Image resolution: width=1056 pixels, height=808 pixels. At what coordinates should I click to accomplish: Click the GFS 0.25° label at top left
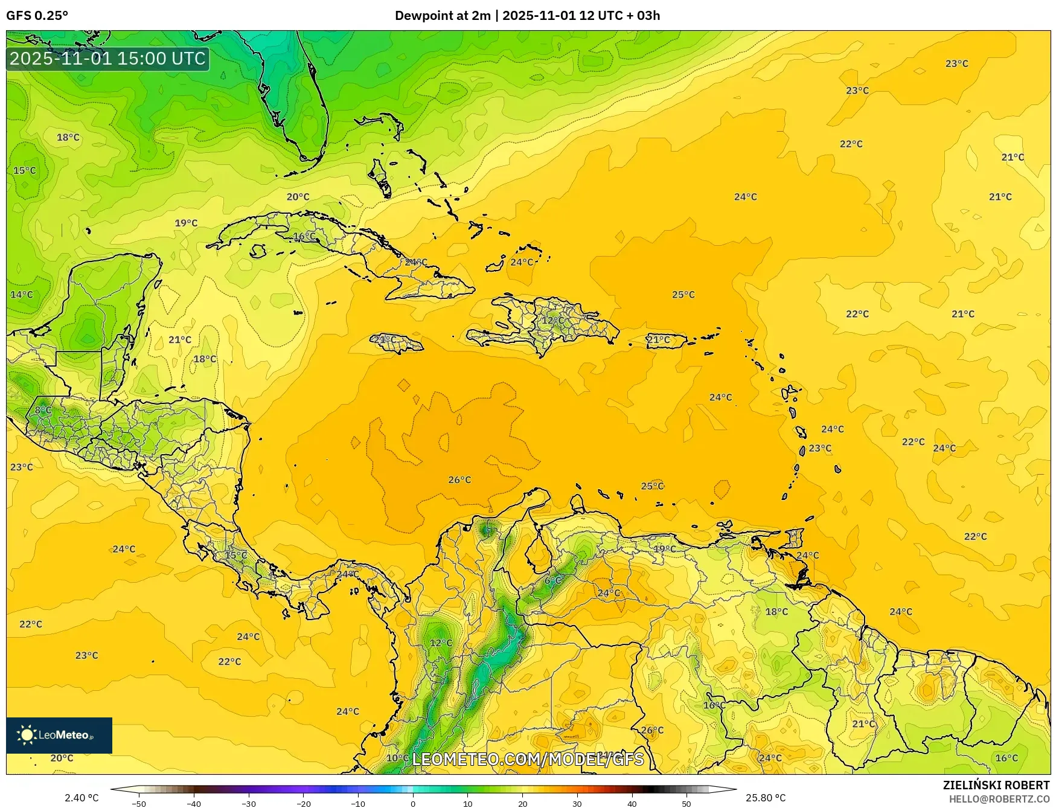(37, 16)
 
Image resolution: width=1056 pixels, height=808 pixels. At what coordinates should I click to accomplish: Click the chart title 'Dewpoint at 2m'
(443, 16)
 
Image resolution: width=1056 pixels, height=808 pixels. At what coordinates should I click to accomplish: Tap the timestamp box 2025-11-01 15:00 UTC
(107, 59)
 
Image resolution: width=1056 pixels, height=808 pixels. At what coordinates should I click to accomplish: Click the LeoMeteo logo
(59, 735)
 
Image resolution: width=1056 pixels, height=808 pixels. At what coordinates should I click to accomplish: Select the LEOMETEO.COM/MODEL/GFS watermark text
(528, 759)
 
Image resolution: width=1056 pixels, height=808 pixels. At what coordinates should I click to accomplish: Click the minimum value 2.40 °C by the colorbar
(82, 798)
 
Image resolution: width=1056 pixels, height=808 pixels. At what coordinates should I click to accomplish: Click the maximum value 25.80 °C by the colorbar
(766, 798)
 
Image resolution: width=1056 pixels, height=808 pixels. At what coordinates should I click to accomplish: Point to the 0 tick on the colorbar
(413, 803)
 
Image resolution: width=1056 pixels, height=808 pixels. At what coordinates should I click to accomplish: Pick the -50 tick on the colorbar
(139, 803)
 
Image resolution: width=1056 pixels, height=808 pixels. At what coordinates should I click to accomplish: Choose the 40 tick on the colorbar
(632, 803)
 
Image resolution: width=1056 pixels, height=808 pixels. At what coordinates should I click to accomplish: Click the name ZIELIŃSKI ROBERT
(996, 785)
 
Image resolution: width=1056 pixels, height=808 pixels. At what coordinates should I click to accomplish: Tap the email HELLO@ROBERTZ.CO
(999, 799)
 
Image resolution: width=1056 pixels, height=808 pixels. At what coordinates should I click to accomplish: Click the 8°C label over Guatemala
(43, 409)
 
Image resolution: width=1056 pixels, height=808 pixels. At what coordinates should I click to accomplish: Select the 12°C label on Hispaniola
(552, 320)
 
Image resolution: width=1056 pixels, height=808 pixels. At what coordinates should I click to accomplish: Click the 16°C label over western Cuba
(304, 236)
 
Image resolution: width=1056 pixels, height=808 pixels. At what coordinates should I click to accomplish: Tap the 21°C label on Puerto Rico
(658, 339)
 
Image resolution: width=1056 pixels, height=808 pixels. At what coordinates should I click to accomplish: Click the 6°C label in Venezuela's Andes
(553, 580)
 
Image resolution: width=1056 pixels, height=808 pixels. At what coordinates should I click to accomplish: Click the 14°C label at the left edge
(22, 295)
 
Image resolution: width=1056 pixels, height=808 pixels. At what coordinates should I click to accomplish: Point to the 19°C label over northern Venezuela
(665, 549)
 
